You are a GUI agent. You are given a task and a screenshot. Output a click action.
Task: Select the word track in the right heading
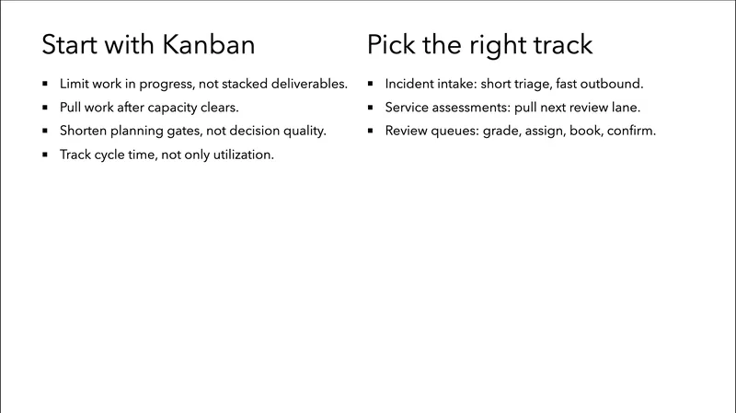coord(558,44)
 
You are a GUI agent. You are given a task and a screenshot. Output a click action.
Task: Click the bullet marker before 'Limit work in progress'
coord(45,84)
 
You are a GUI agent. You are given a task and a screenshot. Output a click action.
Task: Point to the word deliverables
coord(304,84)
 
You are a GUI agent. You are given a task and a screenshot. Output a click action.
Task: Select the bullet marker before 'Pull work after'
coord(45,108)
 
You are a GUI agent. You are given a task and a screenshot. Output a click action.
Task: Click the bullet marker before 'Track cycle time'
coord(45,155)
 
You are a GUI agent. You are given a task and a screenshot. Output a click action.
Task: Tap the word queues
coord(453,132)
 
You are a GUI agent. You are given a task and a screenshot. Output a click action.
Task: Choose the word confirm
coord(630,132)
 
